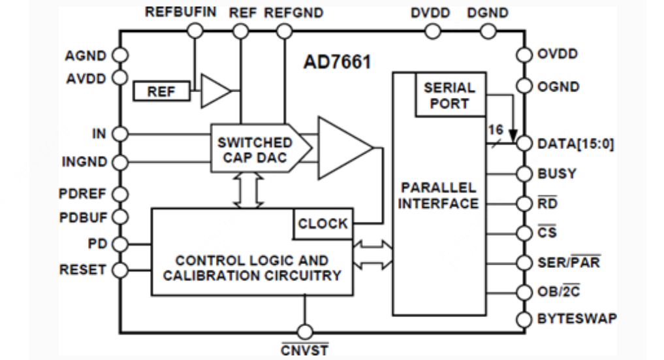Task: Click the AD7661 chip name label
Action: pos(337,63)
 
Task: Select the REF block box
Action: pos(161,92)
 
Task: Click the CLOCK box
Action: pos(323,223)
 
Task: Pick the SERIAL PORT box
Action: pos(450,95)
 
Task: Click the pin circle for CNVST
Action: pos(305,331)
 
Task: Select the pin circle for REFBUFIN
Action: pos(195,30)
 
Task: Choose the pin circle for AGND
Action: pos(119,56)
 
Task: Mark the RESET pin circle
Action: pos(119,270)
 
